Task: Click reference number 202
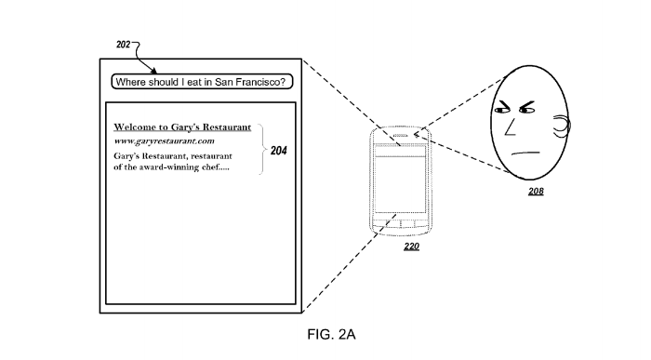coord(124,44)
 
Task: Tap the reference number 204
coord(279,151)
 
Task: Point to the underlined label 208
coord(536,191)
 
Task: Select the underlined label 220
coord(411,247)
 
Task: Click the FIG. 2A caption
coord(331,334)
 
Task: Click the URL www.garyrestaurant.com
coord(164,140)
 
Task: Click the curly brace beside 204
coord(261,149)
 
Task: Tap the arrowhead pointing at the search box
coord(154,71)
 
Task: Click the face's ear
coord(562,127)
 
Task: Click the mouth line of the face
coord(525,153)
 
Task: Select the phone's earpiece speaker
coord(401,136)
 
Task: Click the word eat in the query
coord(194,82)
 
